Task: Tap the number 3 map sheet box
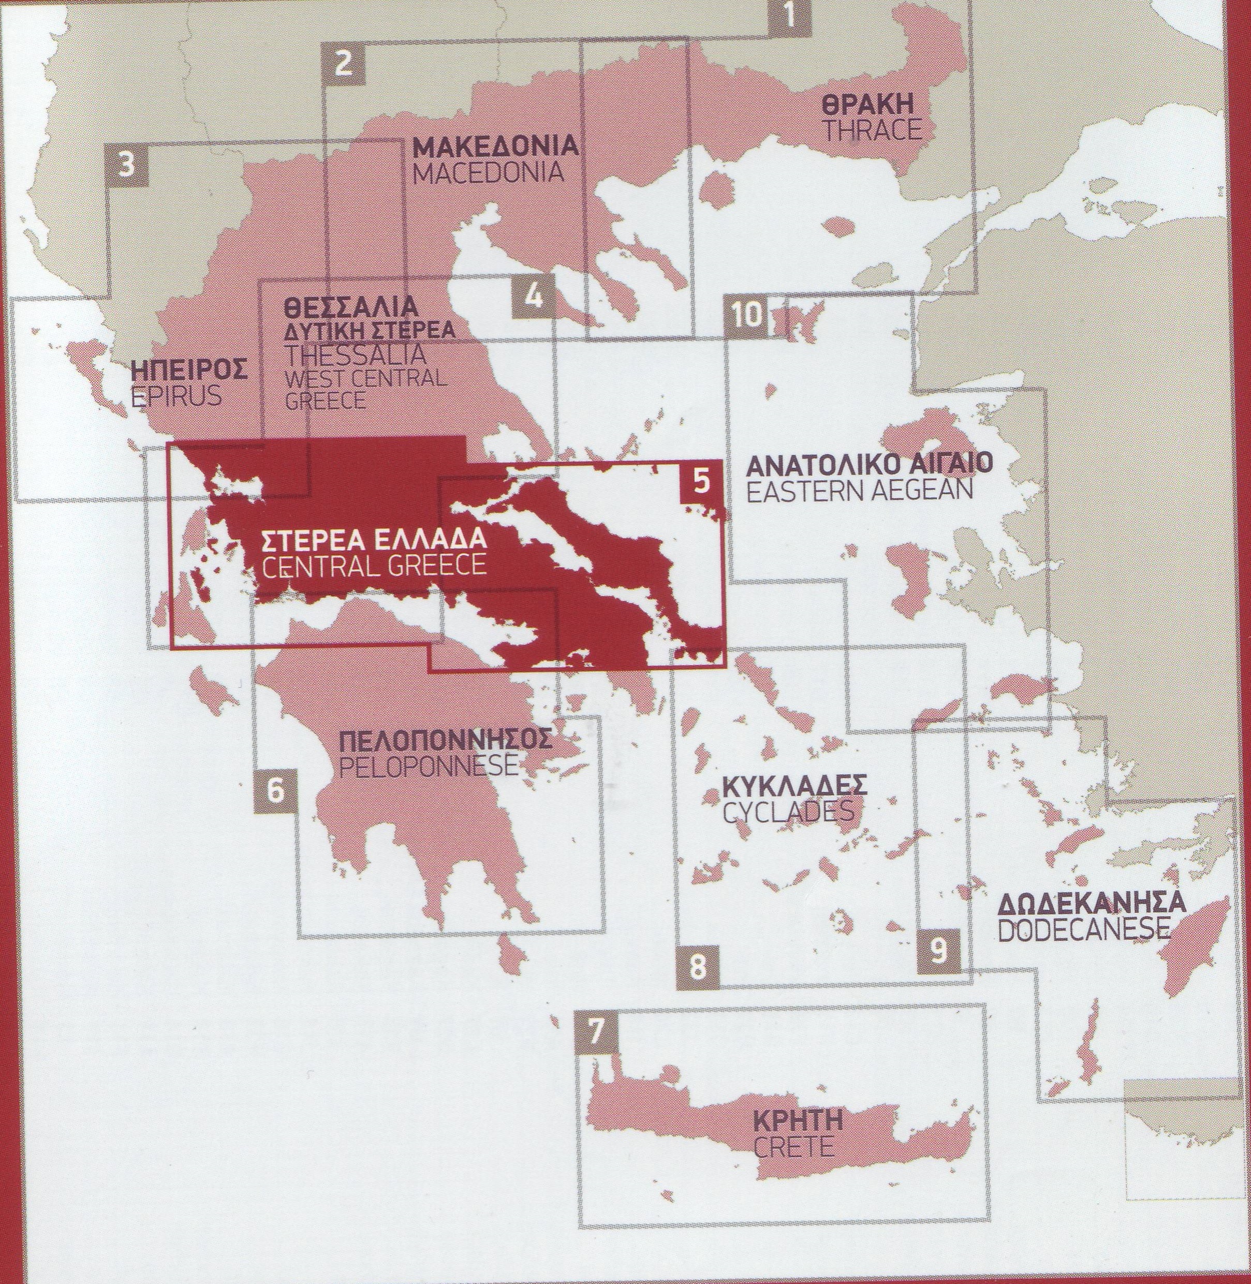pyautogui.click(x=127, y=164)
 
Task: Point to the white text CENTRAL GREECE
pyautogui.click(x=374, y=566)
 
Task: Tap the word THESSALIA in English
pyautogui.click(x=355, y=355)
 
